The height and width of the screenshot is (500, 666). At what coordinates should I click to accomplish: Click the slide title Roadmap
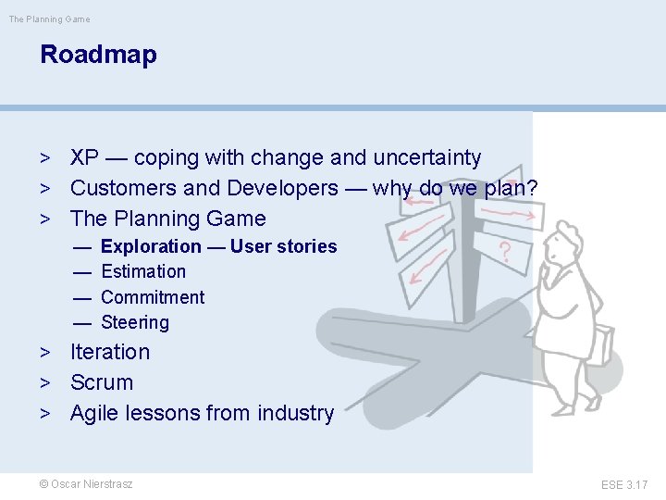98,55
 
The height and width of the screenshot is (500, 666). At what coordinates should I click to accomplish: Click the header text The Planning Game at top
49,19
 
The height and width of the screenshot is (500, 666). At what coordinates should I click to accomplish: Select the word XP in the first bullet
85,158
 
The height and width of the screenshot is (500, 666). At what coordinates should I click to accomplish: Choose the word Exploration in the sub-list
151,246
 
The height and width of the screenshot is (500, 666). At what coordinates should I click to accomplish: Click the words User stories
284,246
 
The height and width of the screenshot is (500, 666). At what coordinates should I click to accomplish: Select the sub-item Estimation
143,271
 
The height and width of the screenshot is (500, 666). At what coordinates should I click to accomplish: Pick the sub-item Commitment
153,297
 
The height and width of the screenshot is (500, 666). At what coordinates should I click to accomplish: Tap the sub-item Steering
135,322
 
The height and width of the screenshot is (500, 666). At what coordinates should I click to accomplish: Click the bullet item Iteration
110,352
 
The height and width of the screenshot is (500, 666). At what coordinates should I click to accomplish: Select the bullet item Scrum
102,382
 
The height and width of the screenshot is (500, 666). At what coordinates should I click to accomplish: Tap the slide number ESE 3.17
624,484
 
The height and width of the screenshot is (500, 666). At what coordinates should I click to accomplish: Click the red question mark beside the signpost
505,251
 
